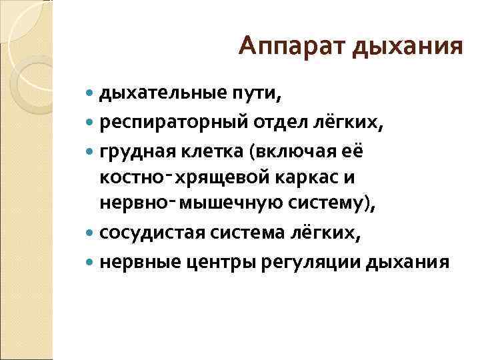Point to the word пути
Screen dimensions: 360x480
255,96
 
